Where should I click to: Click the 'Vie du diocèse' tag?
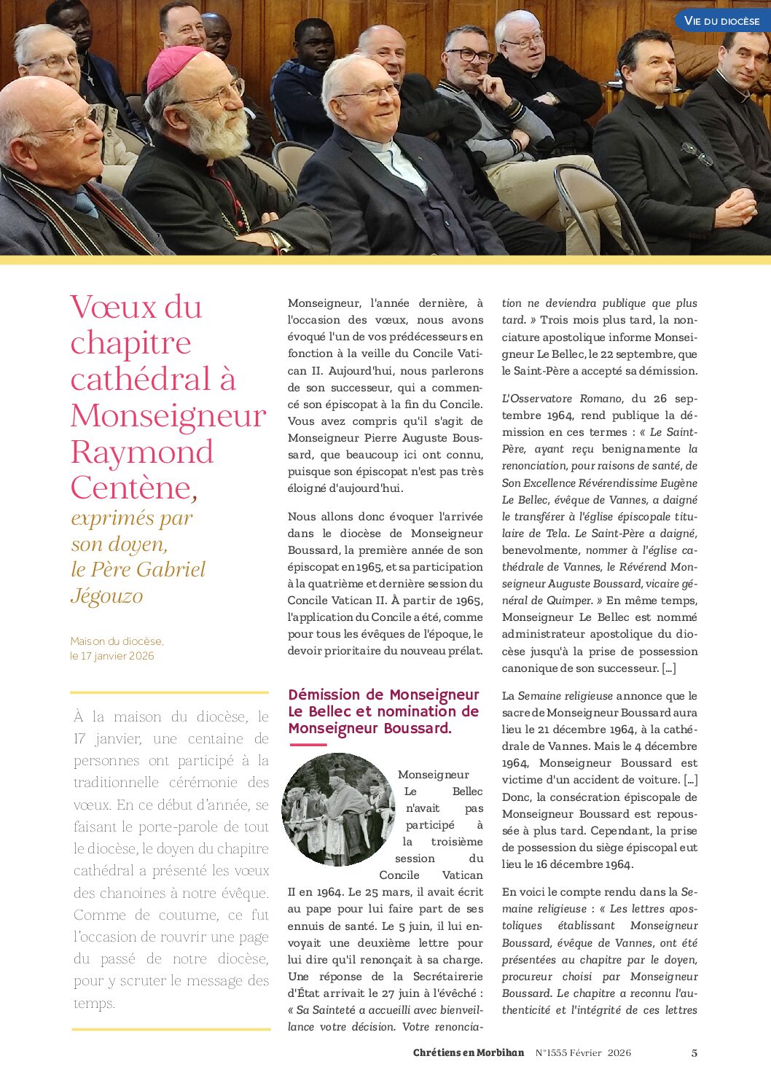[x=721, y=21]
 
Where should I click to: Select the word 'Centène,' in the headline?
[x=133, y=488]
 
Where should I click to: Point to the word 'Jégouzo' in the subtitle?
[x=107, y=596]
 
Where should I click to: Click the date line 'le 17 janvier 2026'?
[x=112, y=656]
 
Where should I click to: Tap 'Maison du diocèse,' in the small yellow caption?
[x=117, y=641]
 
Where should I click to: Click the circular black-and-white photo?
[x=338, y=809]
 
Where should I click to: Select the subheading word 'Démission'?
[x=324, y=695]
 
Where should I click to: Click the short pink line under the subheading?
[x=308, y=745]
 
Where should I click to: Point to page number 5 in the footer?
[x=694, y=1052]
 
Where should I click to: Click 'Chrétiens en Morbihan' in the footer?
[x=468, y=1052]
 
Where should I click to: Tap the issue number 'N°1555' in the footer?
[x=551, y=1052]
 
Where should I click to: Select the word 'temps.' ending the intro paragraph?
[x=94, y=1004]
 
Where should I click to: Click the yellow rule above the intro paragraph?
[x=169, y=692]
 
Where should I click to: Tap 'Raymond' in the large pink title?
[x=142, y=452]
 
